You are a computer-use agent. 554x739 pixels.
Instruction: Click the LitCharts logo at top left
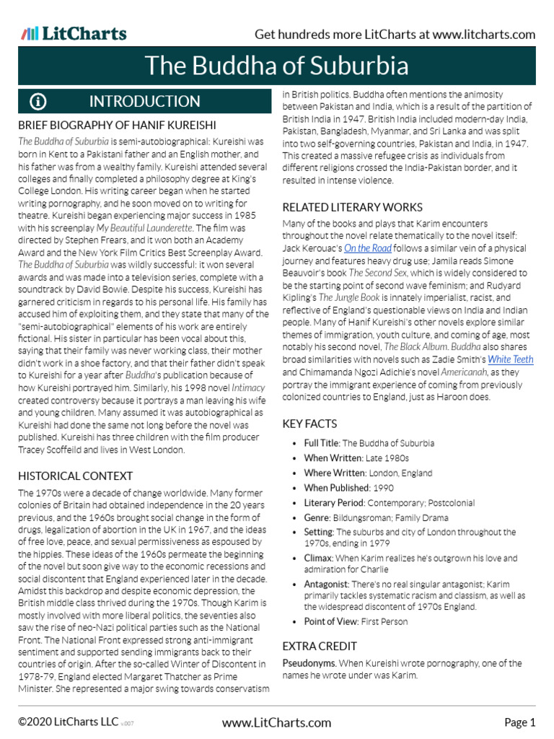point(74,34)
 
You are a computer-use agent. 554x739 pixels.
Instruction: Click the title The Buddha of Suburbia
point(277,66)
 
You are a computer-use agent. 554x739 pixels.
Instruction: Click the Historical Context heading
point(75,476)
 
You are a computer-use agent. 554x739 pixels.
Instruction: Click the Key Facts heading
point(309,424)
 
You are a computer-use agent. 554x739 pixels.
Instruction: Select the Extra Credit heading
point(319,646)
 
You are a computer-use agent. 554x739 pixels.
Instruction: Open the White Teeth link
point(510,359)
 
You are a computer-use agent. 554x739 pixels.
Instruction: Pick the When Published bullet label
point(335,488)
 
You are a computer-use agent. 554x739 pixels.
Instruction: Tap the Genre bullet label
point(317,517)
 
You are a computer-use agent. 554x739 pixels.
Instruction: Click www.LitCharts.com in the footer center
point(276,722)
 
